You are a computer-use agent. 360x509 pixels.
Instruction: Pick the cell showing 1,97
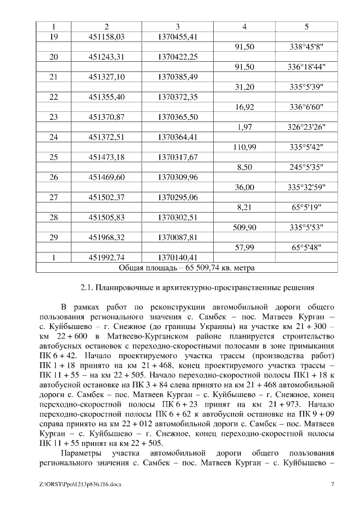click(244, 127)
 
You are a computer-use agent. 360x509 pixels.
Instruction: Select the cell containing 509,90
click(244, 227)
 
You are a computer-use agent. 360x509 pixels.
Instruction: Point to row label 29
click(54, 237)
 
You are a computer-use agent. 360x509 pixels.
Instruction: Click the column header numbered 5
click(307, 27)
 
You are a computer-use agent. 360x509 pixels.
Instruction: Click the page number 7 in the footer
click(333, 484)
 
